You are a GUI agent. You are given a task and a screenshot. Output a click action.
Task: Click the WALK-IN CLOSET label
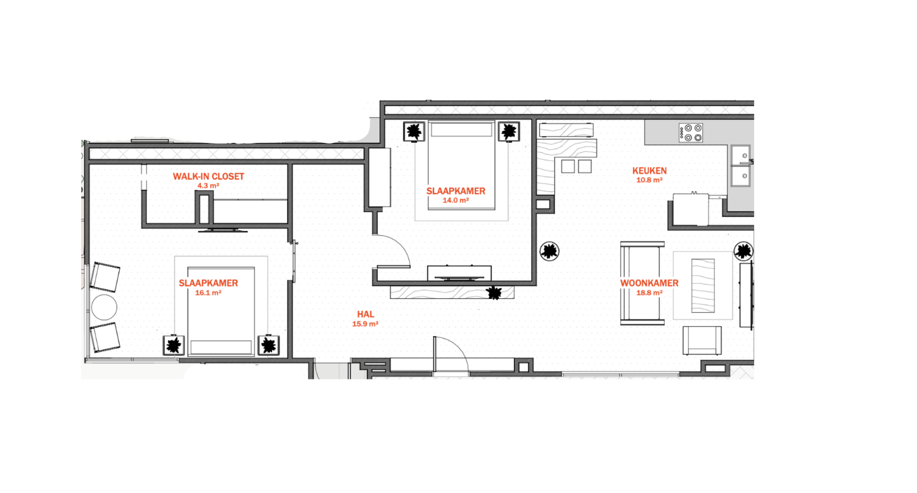pos(208,177)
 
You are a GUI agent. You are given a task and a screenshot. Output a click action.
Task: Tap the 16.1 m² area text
pos(208,293)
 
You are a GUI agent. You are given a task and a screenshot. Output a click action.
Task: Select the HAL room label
pos(366,314)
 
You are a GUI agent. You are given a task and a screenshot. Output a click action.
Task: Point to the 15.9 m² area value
pos(365,324)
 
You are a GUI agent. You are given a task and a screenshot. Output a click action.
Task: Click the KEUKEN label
pos(649,171)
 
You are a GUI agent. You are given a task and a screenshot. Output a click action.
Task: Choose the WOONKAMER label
pos(649,283)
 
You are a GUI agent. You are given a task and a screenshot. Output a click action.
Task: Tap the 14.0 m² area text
pos(455,200)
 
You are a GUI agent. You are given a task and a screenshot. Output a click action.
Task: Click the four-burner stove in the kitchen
pos(691,133)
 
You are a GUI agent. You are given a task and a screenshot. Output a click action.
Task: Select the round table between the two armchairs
pos(104,307)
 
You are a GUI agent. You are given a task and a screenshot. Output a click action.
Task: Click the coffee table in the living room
pos(703,285)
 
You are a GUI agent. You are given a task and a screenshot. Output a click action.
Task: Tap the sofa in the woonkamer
pos(642,283)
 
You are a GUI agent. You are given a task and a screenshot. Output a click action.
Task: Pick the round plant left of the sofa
pos(549,251)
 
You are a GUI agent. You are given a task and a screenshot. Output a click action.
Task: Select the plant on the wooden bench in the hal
pos(494,293)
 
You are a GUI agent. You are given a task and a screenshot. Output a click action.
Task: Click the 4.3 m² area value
pos(208,185)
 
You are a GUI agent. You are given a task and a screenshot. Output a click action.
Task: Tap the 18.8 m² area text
pos(649,293)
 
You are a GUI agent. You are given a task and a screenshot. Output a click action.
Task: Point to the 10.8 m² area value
pos(649,180)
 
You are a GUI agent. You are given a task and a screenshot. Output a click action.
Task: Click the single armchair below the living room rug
pos(702,340)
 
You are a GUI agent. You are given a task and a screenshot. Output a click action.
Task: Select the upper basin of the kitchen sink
pos(740,155)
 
